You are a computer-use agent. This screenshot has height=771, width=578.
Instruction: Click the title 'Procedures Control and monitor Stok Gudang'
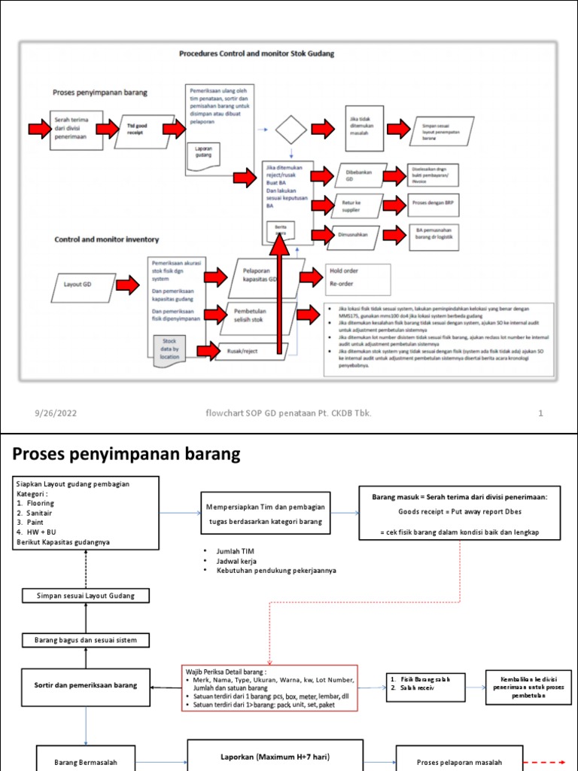[256, 54]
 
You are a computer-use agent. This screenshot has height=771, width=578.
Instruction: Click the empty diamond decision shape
[291, 130]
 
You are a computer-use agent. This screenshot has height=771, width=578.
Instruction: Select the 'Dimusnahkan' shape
[355, 234]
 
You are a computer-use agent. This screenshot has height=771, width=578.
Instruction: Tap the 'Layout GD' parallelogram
[83, 285]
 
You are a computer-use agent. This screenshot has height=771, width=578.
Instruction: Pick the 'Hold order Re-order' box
[357, 278]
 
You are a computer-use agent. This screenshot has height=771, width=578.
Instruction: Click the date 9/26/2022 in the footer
[56, 413]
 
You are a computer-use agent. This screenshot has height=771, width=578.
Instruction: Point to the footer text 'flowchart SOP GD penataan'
[288, 413]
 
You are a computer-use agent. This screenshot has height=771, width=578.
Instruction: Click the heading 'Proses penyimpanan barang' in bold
[126, 454]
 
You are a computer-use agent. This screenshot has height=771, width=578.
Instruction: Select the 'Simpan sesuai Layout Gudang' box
[84, 596]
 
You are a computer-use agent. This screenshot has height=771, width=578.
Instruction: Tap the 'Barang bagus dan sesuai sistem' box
[84, 640]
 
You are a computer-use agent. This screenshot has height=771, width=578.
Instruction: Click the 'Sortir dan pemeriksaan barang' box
[84, 686]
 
